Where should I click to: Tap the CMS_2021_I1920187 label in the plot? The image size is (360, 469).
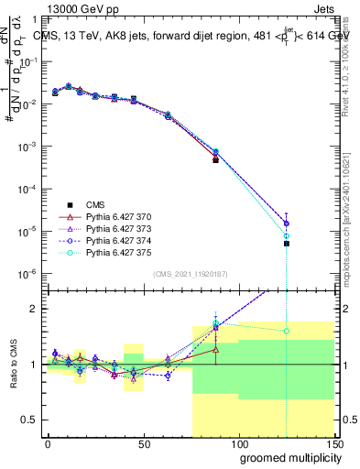point(190,274)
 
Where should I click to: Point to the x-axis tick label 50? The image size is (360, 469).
point(143,442)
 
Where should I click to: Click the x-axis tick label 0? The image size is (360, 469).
point(48,442)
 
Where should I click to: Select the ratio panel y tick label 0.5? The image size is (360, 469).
point(29,420)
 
